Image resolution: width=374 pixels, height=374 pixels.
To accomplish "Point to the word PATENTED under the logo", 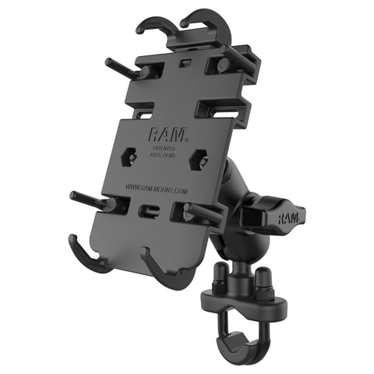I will click(163, 148).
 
